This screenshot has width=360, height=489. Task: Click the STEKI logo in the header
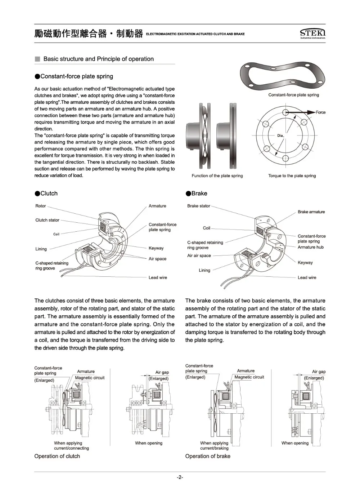(x=312, y=33)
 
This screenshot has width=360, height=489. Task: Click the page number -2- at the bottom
(x=180, y=477)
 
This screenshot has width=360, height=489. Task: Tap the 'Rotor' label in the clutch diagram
(x=41, y=206)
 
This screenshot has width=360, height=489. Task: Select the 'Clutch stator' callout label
(x=47, y=220)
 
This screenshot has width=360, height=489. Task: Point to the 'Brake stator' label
(x=198, y=206)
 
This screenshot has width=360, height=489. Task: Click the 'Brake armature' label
(x=311, y=212)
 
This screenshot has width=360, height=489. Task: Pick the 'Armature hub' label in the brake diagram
(x=310, y=247)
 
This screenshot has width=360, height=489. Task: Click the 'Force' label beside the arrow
(x=320, y=112)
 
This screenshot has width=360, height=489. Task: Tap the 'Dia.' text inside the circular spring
(x=280, y=136)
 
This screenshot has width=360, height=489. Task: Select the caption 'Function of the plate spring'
(x=217, y=176)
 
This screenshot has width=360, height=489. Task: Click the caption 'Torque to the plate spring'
(x=292, y=176)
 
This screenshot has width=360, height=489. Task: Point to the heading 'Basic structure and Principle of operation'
(x=98, y=59)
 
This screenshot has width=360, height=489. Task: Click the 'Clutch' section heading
(x=49, y=194)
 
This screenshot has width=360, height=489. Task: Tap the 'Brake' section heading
(x=199, y=194)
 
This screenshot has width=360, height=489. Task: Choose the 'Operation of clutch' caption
(x=57, y=456)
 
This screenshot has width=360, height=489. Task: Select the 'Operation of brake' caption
(x=207, y=456)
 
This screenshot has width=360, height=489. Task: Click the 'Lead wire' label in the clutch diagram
(x=158, y=277)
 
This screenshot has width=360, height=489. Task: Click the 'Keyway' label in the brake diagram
(x=305, y=263)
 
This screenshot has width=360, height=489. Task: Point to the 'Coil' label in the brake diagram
(x=206, y=228)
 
